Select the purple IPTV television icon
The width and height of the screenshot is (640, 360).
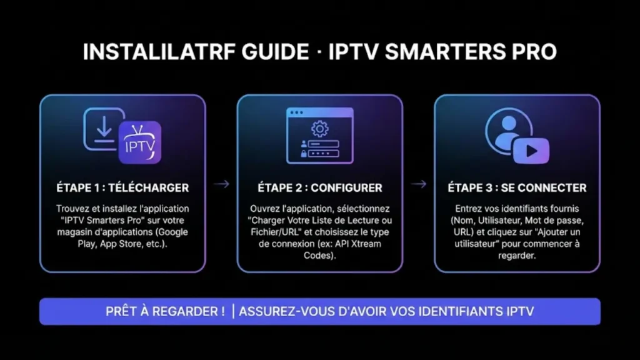click(x=139, y=143)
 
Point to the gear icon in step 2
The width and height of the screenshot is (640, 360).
click(x=319, y=130)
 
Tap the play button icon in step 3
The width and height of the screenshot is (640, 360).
click(x=531, y=151)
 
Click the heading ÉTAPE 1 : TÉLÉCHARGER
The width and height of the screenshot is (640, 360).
click(x=122, y=187)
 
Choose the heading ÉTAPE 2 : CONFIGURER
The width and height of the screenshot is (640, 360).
click(x=319, y=187)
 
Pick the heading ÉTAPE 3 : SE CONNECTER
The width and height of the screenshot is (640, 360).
click(x=517, y=187)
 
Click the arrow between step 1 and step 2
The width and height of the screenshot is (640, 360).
click(x=221, y=184)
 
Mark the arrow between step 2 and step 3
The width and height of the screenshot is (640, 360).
click(x=419, y=184)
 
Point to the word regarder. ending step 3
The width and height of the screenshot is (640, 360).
click(x=517, y=256)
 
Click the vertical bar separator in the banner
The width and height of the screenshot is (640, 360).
click(x=233, y=311)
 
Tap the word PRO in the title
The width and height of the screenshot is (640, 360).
click(x=535, y=52)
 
